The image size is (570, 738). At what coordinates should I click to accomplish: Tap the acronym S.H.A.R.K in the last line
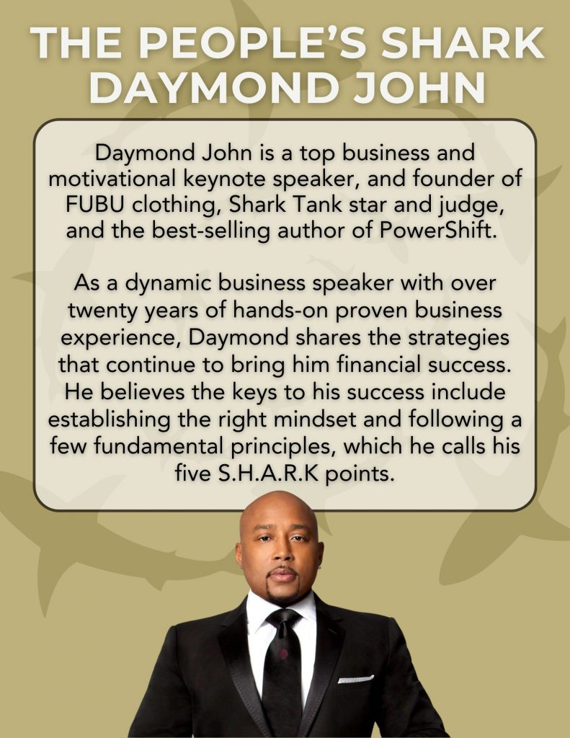(268, 474)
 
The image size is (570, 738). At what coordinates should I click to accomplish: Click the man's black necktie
(282, 668)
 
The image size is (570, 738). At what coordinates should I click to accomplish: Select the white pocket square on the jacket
(355, 679)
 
